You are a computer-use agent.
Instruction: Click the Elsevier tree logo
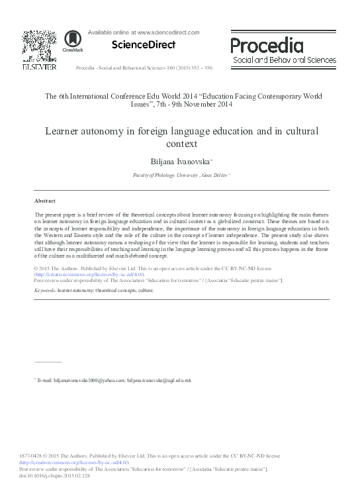point(39,46)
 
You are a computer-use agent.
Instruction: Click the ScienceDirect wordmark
point(134,45)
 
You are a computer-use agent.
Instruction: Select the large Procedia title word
point(267,46)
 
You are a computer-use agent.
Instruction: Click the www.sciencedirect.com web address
point(167,31)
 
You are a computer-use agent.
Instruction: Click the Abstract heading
point(45,200)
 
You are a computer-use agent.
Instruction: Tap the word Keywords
point(44,290)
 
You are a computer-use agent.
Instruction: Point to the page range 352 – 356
point(218,68)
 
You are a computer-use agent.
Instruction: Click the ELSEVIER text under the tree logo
point(39,66)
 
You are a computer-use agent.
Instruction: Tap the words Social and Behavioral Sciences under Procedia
point(284,60)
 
